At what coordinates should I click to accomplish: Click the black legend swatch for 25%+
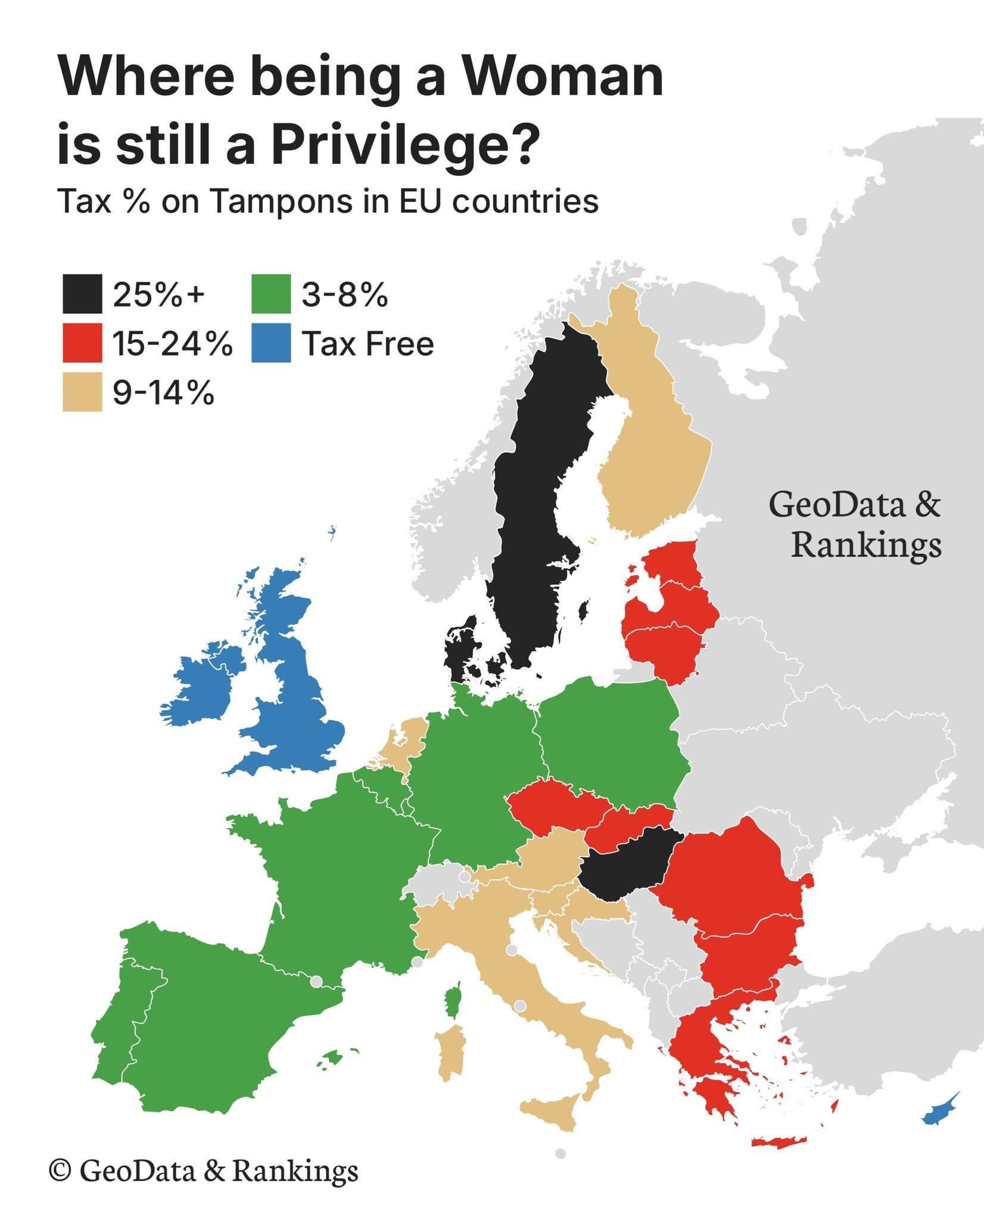pos(82,294)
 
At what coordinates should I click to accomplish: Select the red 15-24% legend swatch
pos(82,343)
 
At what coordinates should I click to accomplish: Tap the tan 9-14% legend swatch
pos(82,392)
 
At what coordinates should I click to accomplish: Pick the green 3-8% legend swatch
pos(270,294)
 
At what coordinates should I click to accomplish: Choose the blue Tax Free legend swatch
pos(270,343)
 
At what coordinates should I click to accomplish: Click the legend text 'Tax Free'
pos(368,344)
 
